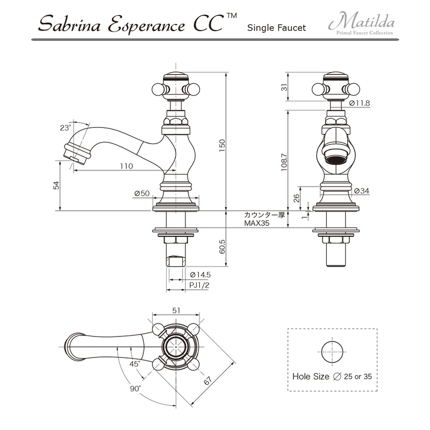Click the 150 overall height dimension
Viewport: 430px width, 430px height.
[x=222, y=145]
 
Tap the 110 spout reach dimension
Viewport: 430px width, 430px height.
[x=126, y=166]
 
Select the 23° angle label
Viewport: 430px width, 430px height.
[x=65, y=128]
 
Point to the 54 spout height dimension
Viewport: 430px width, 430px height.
[x=56, y=185]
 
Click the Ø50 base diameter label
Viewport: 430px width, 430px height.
[x=142, y=193]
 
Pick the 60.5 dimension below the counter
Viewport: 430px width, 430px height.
[x=222, y=247]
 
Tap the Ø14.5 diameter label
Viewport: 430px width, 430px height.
[x=200, y=275]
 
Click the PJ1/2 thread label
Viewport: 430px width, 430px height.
[x=199, y=285]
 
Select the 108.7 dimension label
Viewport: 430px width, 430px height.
[x=284, y=162]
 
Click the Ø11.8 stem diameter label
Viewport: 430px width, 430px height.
[x=360, y=103]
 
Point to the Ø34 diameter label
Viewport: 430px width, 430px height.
[x=361, y=191]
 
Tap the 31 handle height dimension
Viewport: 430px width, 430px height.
[x=285, y=87]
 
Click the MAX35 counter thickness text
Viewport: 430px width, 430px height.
[x=257, y=223]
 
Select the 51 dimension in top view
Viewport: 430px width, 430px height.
[x=176, y=311]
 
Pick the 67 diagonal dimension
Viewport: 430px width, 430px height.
[x=208, y=381]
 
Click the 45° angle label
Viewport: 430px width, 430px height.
[x=135, y=364]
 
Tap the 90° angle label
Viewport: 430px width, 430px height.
[x=135, y=389]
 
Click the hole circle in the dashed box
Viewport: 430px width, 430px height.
[x=332, y=341]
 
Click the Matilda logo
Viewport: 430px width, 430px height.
[x=361, y=24]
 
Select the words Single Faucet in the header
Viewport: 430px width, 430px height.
[x=276, y=28]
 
